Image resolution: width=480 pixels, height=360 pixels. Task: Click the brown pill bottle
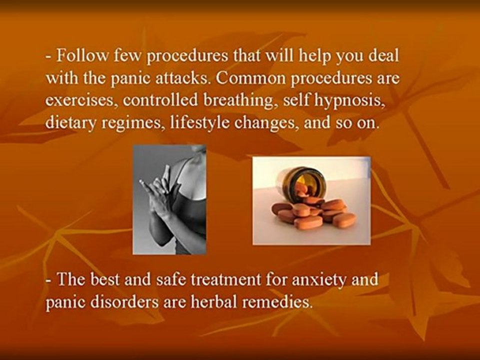[x=300, y=182]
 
